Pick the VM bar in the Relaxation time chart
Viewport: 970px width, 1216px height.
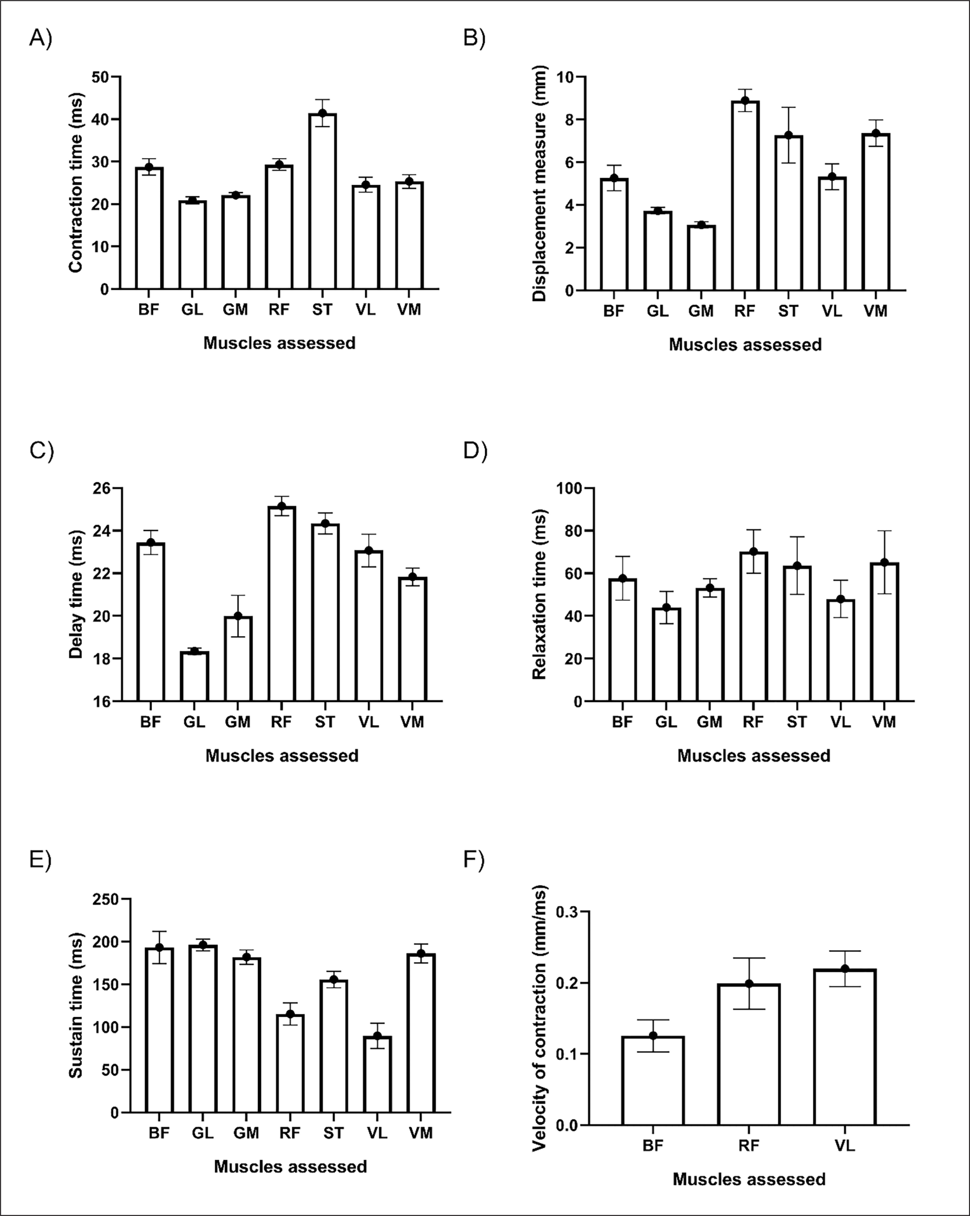click(884, 632)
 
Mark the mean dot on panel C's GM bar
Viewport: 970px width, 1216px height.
click(238, 616)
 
